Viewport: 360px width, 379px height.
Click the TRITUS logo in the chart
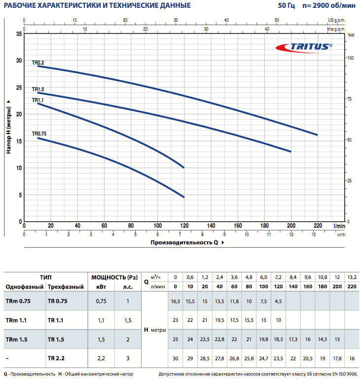(x=304, y=47)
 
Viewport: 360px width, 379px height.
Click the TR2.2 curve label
(x=38, y=63)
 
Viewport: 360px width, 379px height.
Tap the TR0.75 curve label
(x=39, y=134)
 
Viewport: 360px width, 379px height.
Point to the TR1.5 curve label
(x=38, y=90)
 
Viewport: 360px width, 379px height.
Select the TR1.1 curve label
(x=38, y=100)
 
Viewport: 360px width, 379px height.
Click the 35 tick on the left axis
(x=19, y=34)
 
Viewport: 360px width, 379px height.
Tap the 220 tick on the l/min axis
(x=318, y=225)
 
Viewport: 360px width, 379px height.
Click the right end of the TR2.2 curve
(x=317, y=135)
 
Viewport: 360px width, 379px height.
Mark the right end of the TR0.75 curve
(x=183, y=197)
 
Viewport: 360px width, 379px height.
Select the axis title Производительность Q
(x=184, y=242)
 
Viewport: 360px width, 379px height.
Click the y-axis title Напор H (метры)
(x=9, y=126)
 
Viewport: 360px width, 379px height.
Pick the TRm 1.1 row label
(x=17, y=320)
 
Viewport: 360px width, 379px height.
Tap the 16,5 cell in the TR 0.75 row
(x=176, y=300)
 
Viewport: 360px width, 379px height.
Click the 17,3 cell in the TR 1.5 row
(x=293, y=340)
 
